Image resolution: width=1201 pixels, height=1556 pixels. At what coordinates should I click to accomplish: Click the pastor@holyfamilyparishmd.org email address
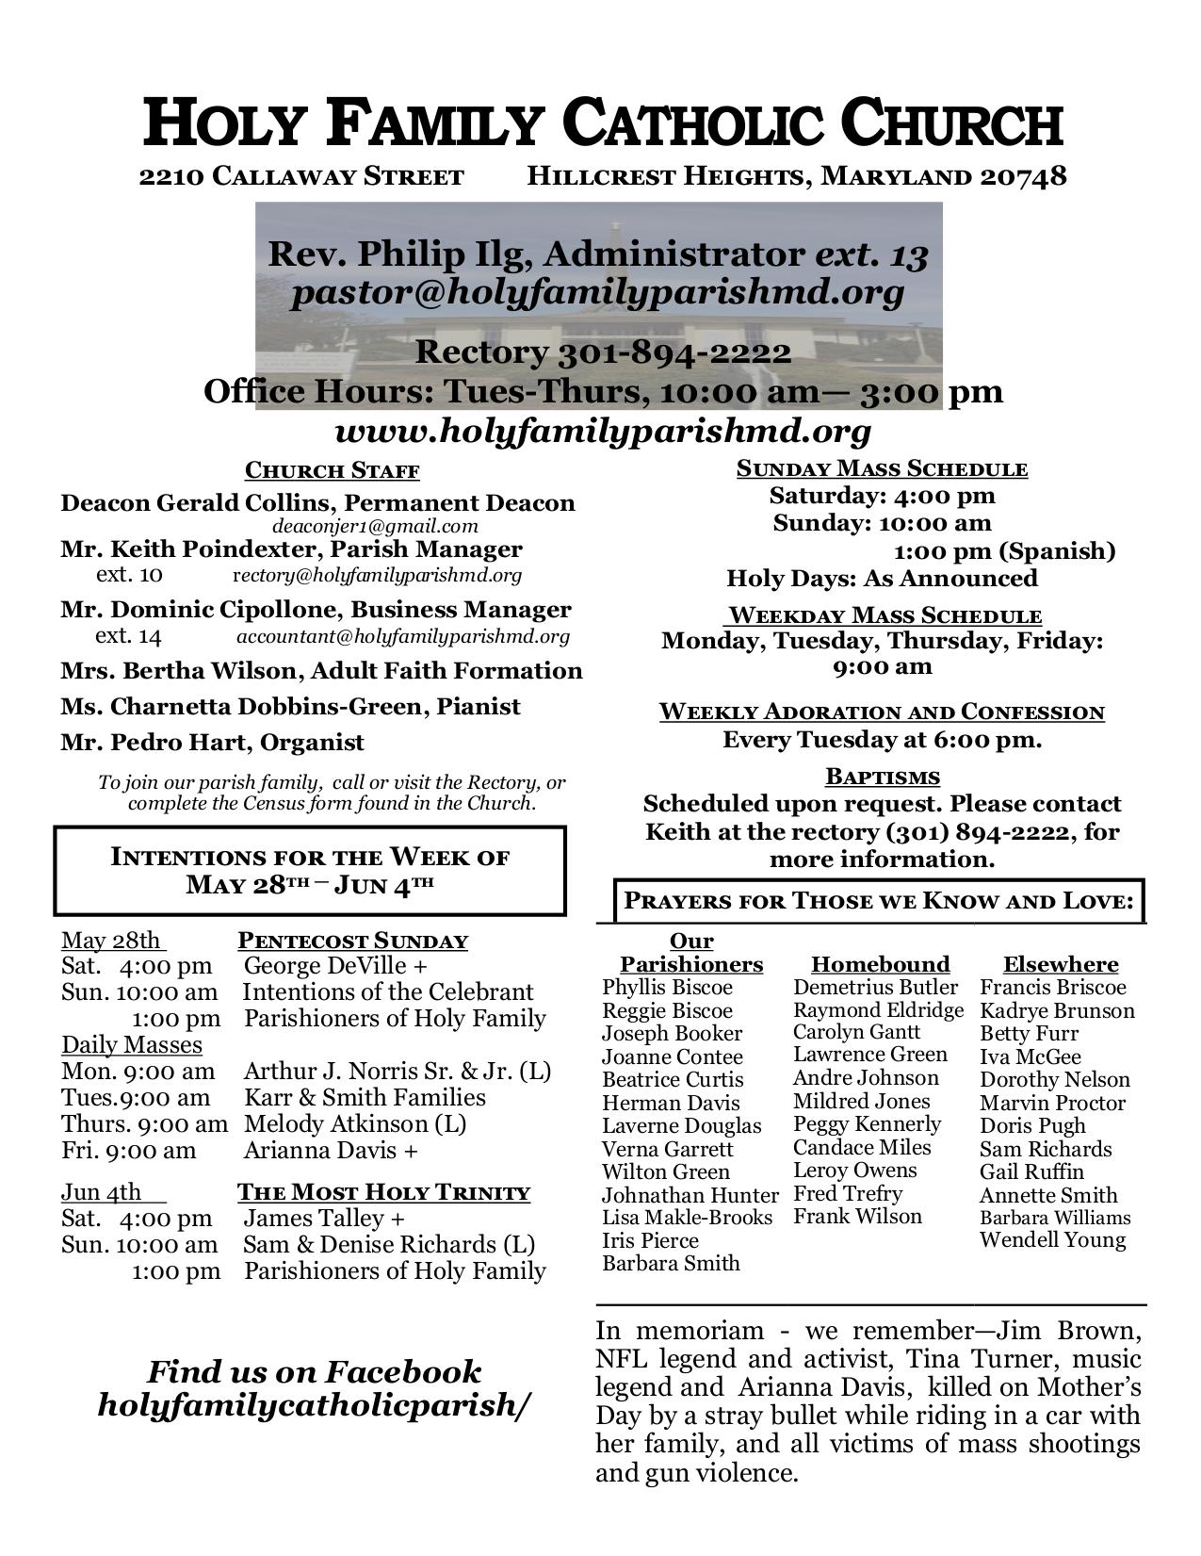click(597, 293)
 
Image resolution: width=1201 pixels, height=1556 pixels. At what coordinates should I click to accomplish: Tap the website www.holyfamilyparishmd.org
click(603, 431)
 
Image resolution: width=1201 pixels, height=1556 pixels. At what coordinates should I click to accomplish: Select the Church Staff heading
click(332, 470)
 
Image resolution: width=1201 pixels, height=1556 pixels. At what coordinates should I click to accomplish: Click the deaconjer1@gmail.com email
click(375, 526)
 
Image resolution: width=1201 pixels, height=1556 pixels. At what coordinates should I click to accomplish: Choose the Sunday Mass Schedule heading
click(882, 468)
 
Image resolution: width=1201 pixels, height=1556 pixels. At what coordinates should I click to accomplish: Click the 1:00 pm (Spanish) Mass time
click(1003, 550)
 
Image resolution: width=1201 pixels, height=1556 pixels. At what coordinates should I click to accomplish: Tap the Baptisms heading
click(883, 777)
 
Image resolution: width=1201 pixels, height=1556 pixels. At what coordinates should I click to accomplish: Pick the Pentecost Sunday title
click(352, 941)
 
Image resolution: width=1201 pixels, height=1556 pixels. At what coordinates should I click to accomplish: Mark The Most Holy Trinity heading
click(383, 1192)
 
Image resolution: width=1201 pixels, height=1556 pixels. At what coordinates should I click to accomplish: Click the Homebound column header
click(880, 964)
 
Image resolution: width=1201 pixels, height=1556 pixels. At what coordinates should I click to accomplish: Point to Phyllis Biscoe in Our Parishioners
click(667, 988)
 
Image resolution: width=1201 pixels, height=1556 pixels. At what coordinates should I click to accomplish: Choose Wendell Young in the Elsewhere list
click(1052, 1239)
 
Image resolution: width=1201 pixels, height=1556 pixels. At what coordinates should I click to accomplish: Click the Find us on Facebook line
click(314, 1371)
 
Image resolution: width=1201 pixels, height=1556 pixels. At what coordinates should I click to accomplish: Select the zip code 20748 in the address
click(1023, 176)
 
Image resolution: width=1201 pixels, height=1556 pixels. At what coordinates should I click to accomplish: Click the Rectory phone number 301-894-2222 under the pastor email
click(674, 352)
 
